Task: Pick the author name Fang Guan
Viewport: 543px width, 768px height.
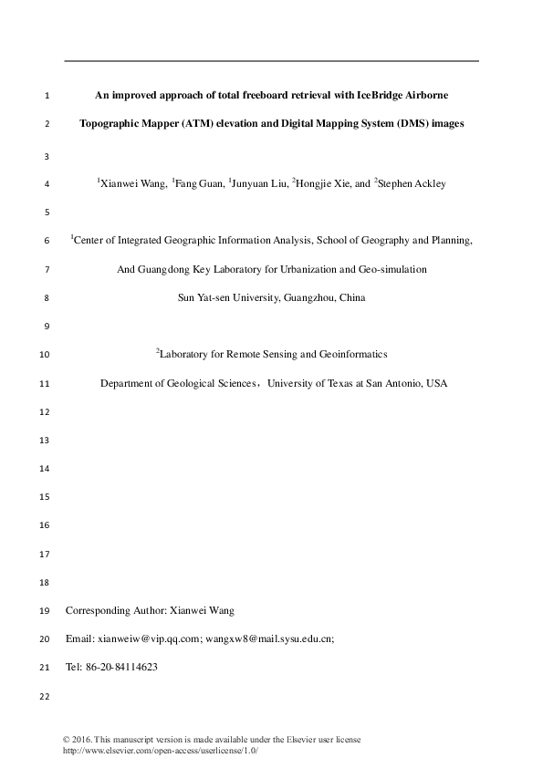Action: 198,183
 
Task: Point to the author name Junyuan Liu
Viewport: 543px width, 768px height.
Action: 259,183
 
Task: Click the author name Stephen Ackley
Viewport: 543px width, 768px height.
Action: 412,183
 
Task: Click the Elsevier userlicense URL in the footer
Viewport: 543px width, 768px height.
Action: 160,750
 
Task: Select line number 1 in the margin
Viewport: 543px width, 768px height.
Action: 47,95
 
